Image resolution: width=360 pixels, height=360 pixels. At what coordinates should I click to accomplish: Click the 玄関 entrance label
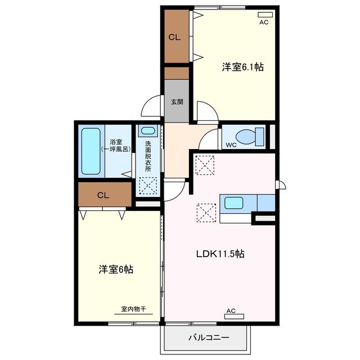[x=177, y=101]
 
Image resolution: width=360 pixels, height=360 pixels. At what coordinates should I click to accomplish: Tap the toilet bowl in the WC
[x=245, y=137]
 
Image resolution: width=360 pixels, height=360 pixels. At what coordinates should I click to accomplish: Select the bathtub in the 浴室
[x=91, y=151]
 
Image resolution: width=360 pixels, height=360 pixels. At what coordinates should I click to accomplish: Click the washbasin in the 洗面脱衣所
[x=148, y=131]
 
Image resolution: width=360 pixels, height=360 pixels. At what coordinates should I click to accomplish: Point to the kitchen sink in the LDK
[x=234, y=202]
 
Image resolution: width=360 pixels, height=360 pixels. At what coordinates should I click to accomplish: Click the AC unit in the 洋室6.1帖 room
[x=265, y=15]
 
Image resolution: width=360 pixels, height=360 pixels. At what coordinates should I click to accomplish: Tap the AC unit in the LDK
[x=234, y=317]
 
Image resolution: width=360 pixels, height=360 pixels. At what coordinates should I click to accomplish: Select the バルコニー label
[x=209, y=337]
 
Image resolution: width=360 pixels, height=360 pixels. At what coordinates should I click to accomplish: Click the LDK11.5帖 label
[x=220, y=254]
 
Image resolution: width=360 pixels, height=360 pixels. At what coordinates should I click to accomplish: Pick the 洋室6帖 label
[x=116, y=269]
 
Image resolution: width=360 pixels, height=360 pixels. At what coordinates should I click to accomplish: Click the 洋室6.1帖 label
[x=242, y=67]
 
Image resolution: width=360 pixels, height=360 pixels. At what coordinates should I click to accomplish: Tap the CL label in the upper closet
[x=174, y=37]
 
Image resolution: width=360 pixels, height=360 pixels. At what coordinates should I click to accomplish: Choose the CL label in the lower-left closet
[x=103, y=195]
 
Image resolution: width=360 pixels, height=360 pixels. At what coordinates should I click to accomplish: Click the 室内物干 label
[x=133, y=309]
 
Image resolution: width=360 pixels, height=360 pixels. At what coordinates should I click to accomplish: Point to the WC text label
[x=231, y=145]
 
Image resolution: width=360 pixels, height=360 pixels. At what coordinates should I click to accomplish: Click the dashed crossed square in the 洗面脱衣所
[x=148, y=186]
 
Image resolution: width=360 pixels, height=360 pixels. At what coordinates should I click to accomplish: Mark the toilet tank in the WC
[x=259, y=137]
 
